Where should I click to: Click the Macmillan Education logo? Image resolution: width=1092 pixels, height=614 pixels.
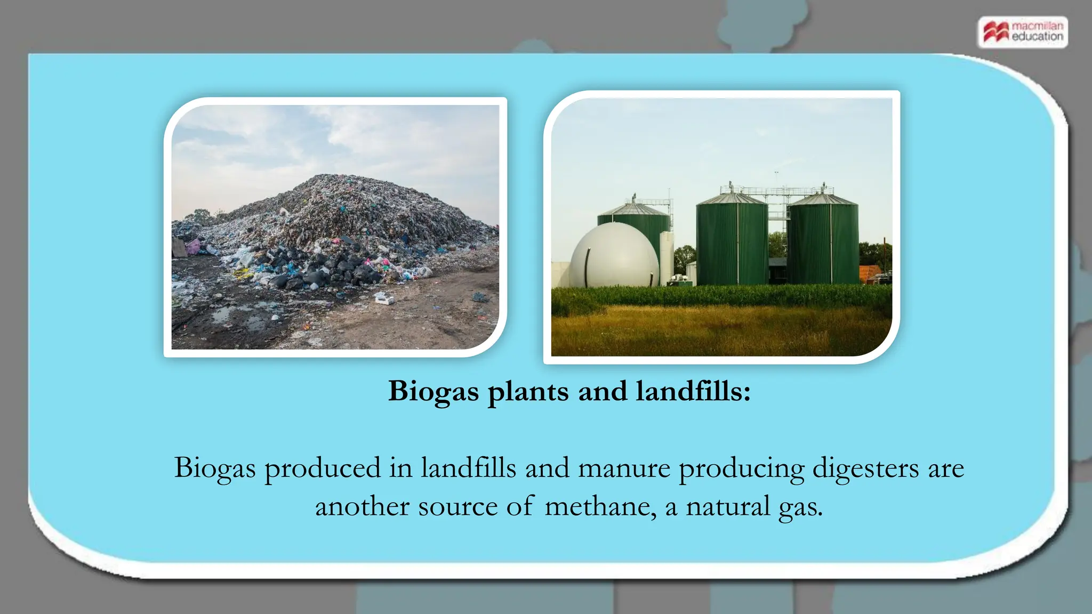pyautogui.click(x=1023, y=32)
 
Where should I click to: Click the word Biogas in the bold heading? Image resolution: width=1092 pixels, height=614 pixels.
pyautogui.click(x=433, y=392)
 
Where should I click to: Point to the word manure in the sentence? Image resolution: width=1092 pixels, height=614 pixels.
pyautogui.click(x=624, y=468)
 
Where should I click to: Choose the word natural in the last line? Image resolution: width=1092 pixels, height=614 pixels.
pyautogui.click(x=728, y=506)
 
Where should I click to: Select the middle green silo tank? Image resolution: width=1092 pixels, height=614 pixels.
pyautogui.click(x=732, y=243)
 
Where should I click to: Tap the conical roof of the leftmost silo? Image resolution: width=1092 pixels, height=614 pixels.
pyautogui.click(x=633, y=208)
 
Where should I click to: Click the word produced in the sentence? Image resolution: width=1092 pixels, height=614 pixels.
pyautogui.click(x=323, y=469)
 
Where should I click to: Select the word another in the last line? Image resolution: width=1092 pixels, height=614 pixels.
pyautogui.click(x=362, y=506)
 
